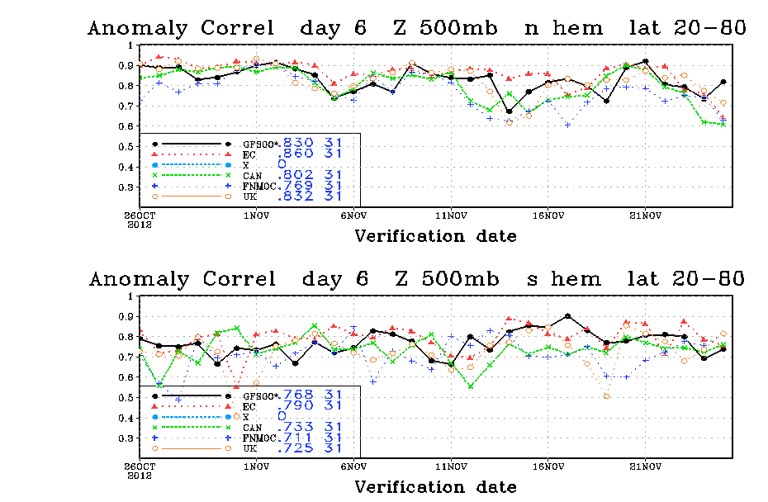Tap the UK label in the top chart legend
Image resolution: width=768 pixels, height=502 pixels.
(249, 197)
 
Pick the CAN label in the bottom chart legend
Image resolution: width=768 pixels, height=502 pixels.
(252, 428)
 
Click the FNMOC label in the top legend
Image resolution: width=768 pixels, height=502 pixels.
(259, 186)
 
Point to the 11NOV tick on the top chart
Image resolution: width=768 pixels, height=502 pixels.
(451, 215)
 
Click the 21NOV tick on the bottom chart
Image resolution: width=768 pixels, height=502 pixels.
(645, 466)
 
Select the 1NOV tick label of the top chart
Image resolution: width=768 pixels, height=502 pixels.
(257, 215)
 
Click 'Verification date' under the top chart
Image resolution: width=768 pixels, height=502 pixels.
(435, 236)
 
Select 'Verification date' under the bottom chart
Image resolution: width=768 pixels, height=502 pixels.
(435, 487)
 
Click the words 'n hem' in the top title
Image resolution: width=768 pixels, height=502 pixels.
(563, 27)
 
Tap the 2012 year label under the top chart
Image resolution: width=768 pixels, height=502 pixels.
(140, 225)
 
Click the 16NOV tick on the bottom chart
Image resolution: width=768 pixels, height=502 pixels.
(548, 466)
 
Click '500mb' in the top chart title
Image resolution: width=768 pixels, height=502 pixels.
(458, 27)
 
